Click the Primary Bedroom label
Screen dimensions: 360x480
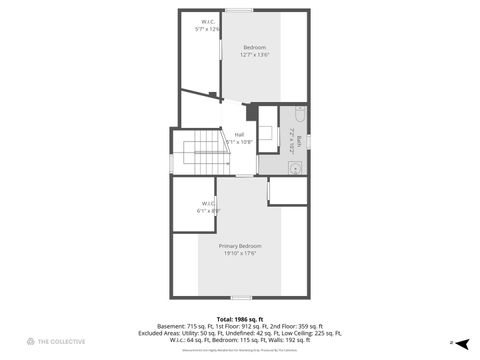point(240,246)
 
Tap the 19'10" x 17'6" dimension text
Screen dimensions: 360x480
point(240,253)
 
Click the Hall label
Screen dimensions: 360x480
point(239,134)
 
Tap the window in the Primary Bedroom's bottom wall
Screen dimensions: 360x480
point(240,297)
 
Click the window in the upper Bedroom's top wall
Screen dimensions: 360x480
point(238,10)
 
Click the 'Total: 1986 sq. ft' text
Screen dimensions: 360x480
point(240,318)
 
